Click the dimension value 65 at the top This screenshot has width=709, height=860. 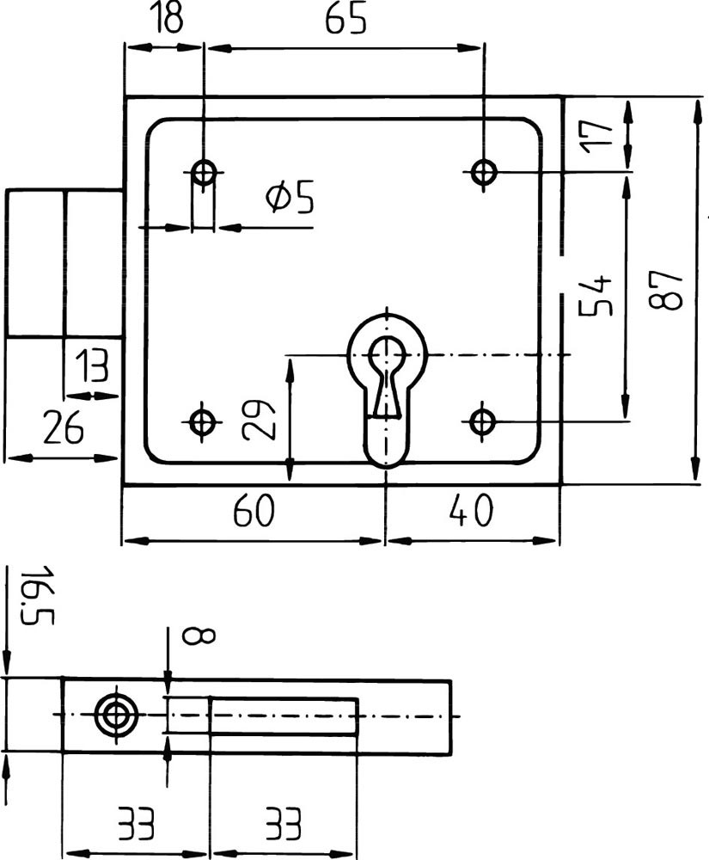[345, 19]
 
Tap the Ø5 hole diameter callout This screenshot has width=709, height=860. [290, 199]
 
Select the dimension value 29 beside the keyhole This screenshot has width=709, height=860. [260, 419]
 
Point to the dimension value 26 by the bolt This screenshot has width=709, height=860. [61, 427]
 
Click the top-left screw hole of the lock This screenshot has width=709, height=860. [204, 173]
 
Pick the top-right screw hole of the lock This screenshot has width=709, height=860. [484, 172]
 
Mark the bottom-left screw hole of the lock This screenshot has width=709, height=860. [203, 421]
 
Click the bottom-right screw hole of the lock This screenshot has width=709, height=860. [483, 421]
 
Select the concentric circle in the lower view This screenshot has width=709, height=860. [116, 715]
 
